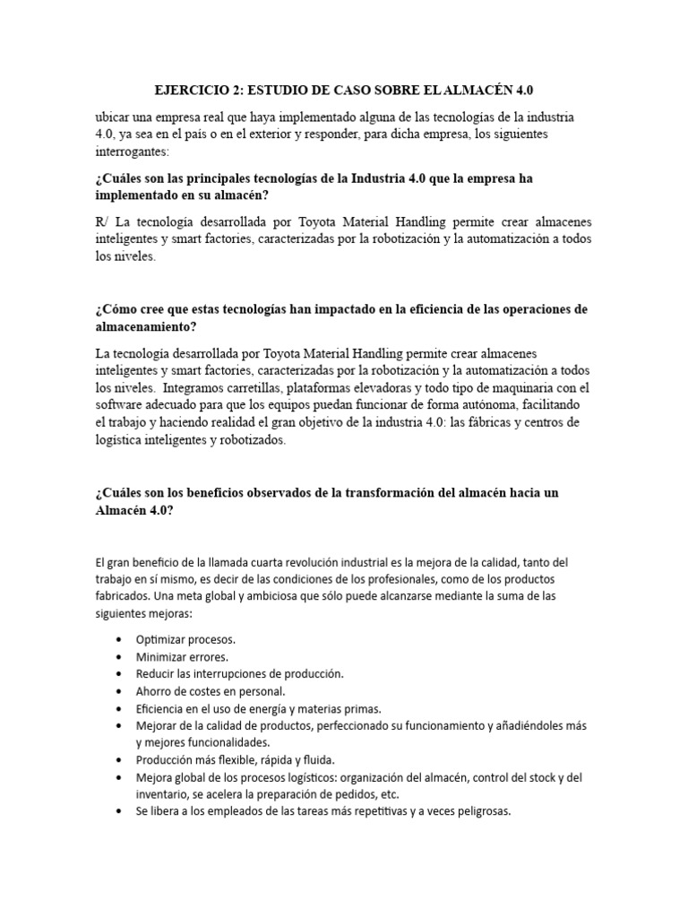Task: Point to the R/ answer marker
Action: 99,221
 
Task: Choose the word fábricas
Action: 455,422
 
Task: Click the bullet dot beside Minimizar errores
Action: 120,656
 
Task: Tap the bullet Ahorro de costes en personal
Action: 211,690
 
